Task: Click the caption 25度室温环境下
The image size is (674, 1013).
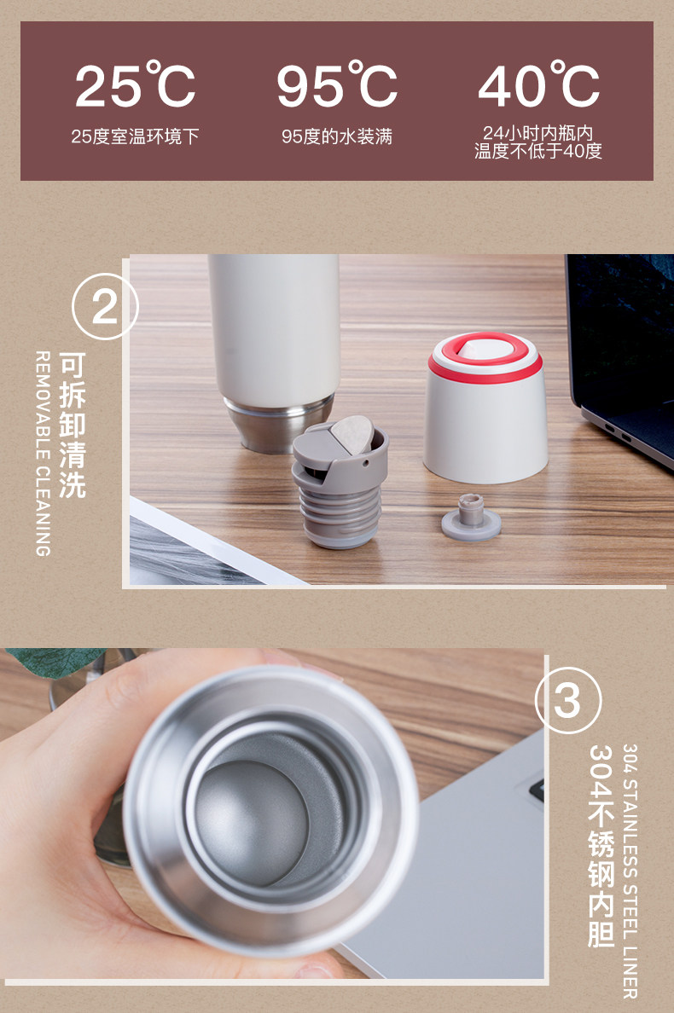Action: click(135, 136)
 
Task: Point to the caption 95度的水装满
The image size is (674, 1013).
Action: click(337, 136)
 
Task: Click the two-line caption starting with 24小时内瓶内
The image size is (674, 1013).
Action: click(538, 142)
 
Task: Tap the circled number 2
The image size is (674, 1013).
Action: click(105, 306)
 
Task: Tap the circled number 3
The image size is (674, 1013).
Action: click(568, 700)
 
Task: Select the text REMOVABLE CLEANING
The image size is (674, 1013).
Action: click(43, 454)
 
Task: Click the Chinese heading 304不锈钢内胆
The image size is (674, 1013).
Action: click(601, 846)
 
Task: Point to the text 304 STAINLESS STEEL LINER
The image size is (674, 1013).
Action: click(630, 871)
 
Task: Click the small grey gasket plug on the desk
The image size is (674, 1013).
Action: click(472, 518)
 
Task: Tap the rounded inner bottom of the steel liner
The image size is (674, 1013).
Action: click(252, 822)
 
